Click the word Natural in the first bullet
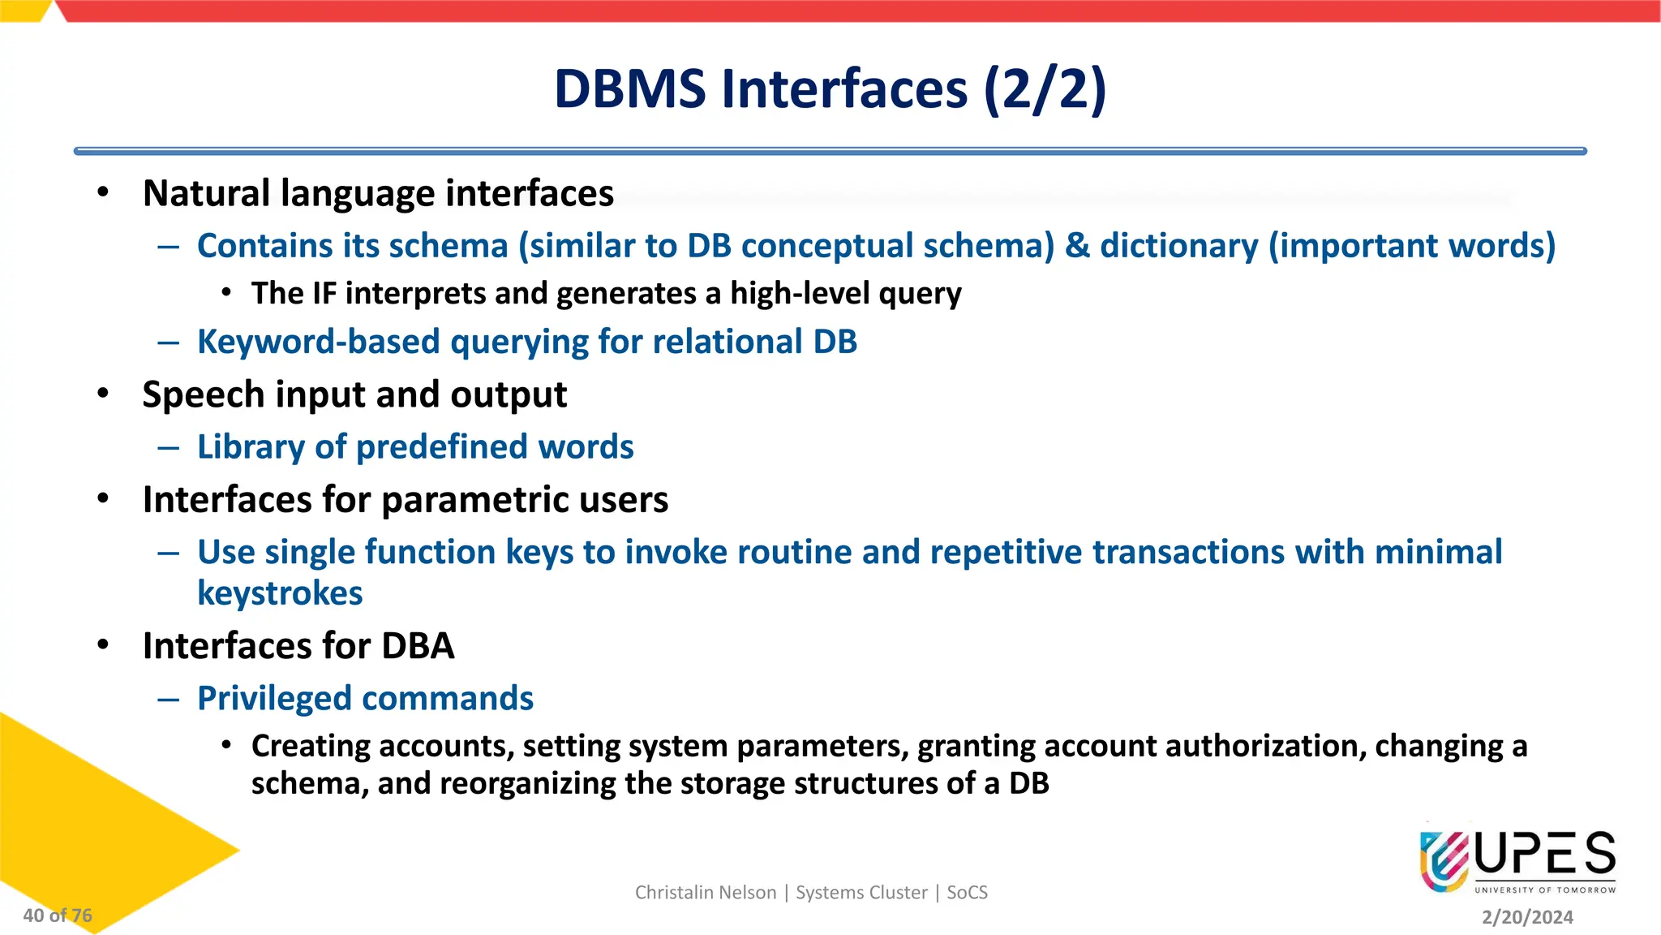[x=206, y=193]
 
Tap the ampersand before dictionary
[x=1077, y=246]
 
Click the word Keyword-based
[x=318, y=342]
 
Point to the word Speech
[x=203, y=395]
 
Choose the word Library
[x=251, y=447]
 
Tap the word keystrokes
[x=280, y=593]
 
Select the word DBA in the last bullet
[x=418, y=646]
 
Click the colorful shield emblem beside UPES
[x=1444, y=861]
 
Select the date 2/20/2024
[x=1527, y=917]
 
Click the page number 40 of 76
[x=58, y=916]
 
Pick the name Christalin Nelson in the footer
[x=705, y=893]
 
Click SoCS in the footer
[x=967, y=893]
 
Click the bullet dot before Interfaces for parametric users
[x=103, y=498]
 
